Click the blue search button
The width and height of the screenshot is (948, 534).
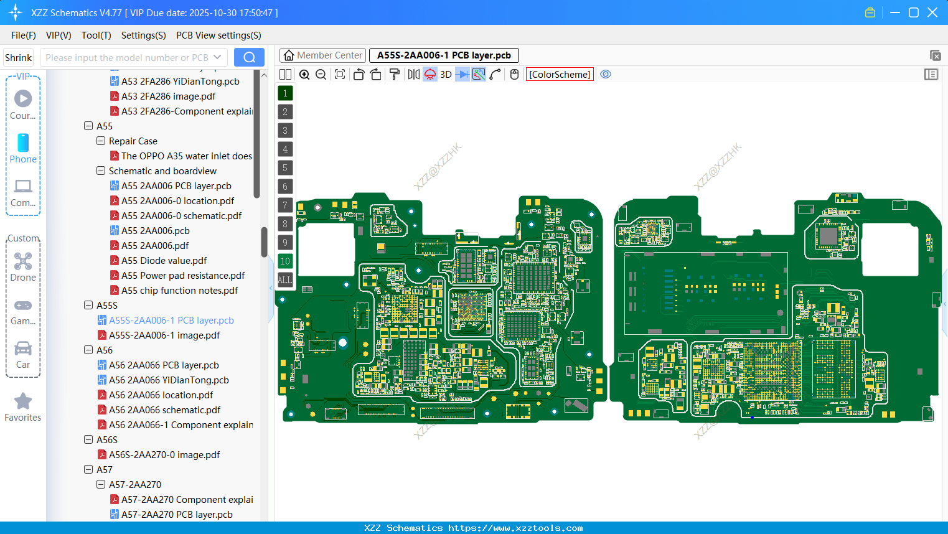tap(249, 57)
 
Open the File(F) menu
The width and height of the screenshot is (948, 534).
tap(23, 35)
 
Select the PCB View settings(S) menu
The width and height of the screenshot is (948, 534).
tap(218, 35)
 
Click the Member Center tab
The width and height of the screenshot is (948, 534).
tap(323, 55)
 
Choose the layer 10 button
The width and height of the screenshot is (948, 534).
tap(285, 261)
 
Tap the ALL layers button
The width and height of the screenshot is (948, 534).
tap(285, 280)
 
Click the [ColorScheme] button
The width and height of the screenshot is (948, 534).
tap(560, 75)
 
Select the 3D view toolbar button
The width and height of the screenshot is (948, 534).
tap(446, 75)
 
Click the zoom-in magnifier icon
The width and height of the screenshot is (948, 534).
tap(304, 75)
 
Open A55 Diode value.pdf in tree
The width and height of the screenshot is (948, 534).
tap(164, 261)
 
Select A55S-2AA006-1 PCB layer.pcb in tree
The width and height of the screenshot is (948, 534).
tap(171, 321)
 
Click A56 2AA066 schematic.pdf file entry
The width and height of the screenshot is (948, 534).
tap(164, 410)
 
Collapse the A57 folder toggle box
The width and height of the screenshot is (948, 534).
tap(88, 470)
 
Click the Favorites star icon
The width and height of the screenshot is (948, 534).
tap(23, 402)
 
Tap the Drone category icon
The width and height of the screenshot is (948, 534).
tap(23, 262)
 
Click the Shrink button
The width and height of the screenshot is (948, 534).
tap(18, 58)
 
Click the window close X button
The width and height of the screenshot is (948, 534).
tap(932, 12)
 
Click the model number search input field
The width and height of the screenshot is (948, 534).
tap(127, 58)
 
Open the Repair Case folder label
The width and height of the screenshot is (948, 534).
tap(133, 141)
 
